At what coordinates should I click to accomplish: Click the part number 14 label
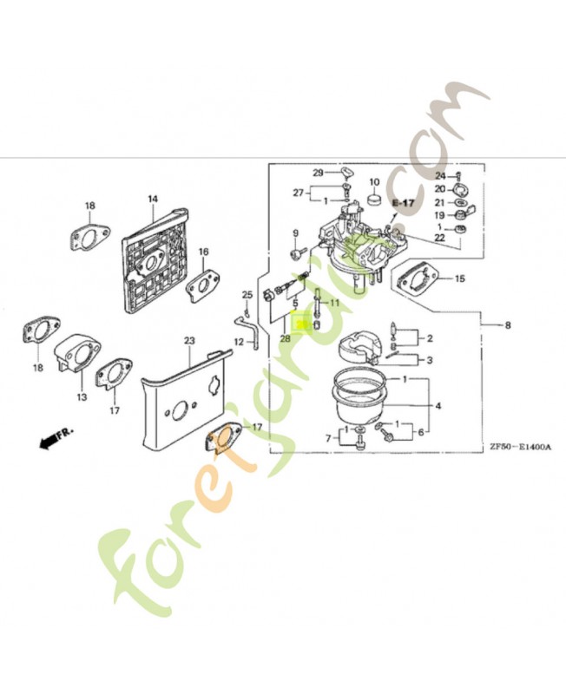pyautogui.click(x=152, y=199)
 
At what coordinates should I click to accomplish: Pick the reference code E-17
pyautogui.click(x=404, y=202)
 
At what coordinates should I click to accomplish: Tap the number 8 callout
pyautogui.click(x=508, y=325)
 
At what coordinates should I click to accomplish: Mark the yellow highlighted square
pyautogui.click(x=300, y=324)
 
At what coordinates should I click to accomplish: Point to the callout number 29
pyautogui.click(x=318, y=172)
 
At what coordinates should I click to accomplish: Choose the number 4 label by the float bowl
pyautogui.click(x=438, y=405)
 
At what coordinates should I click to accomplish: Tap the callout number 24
pyautogui.click(x=439, y=176)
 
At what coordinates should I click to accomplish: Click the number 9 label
pyautogui.click(x=295, y=233)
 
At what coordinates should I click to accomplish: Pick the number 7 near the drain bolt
pyautogui.click(x=328, y=439)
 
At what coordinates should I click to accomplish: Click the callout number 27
pyautogui.click(x=299, y=192)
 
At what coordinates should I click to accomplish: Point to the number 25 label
pyautogui.click(x=247, y=294)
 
